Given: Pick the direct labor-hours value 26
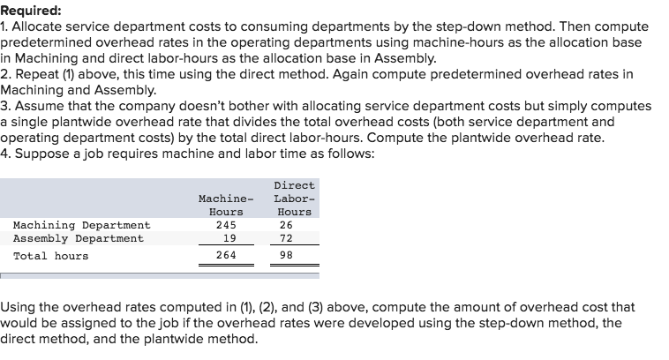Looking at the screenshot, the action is [x=293, y=225].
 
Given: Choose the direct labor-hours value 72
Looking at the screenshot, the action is [x=293, y=238].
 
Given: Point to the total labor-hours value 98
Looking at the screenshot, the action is [x=293, y=256].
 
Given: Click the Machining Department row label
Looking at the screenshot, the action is [x=81, y=225].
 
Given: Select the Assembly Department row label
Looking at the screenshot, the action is [x=78, y=238].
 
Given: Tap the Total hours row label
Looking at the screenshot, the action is [x=50, y=256].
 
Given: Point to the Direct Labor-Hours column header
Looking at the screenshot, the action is [x=294, y=199].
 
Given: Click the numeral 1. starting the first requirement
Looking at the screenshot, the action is [x=5, y=27].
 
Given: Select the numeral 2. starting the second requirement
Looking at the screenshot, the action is [x=5, y=73].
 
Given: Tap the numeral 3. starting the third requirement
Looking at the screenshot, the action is [x=5, y=105].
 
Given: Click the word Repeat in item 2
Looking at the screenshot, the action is [x=36, y=73].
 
